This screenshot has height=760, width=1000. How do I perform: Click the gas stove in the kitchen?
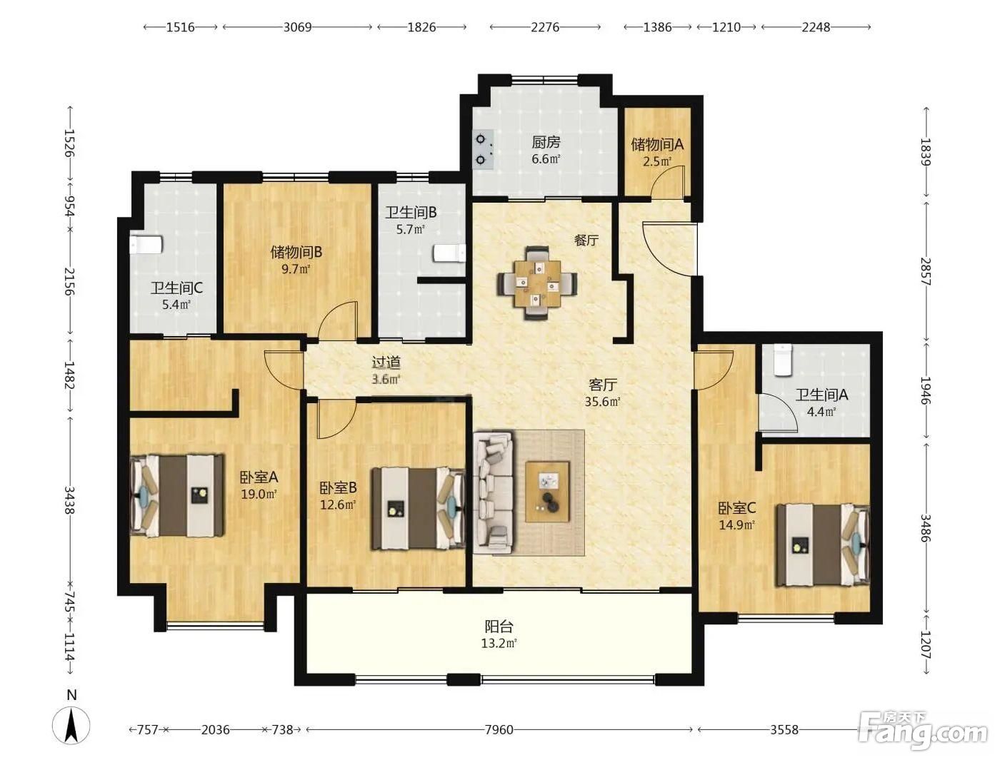pos(483,149)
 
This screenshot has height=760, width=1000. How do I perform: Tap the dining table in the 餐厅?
pos(538,283)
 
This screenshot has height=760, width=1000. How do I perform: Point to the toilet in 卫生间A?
pos(784,360)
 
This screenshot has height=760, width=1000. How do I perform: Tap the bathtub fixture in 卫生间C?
pos(146,244)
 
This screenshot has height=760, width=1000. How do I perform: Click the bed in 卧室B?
pos(419,508)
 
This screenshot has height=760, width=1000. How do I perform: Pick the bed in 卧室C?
pos(824,544)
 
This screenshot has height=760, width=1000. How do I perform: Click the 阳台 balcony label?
pos(499,627)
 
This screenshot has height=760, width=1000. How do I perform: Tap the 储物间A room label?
pos(657,145)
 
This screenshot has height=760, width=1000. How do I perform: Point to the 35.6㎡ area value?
pos(603,402)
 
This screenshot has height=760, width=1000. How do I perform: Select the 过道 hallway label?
pos(386,363)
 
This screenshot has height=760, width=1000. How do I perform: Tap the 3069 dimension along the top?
pos(297,27)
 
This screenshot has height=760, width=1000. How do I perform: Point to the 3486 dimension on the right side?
pos(925,528)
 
